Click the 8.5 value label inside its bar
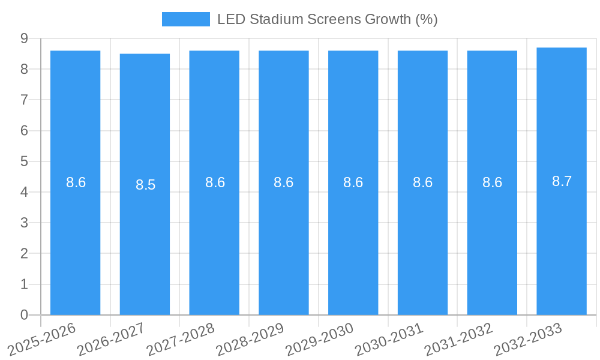[x=145, y=185]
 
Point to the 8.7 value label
[x=562, y=181]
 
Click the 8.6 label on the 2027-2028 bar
[x=215, y=182]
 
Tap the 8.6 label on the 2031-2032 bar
[x=492, y=182]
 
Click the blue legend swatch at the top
[x=186, y=19]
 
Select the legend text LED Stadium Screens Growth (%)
[x=327, y=19]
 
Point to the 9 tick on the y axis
[x=24, y=38]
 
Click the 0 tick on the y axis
[x=24, y=315]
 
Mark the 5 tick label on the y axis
[x=24, y=161]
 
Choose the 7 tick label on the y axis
[x=24, y=100]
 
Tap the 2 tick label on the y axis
[x=24, y=254]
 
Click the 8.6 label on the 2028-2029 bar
[x=283, y=182]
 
